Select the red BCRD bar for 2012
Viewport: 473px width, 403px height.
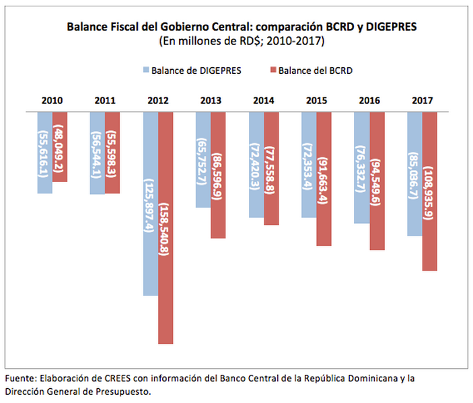coord(166,228)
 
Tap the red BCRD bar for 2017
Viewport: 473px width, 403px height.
coord(429,191)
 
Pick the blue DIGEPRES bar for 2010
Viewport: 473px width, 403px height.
coord(45,152)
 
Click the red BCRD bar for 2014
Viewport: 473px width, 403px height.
coord(271,168)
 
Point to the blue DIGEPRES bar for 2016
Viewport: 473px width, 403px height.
coord(362,167)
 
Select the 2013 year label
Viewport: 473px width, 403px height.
coord(211,101)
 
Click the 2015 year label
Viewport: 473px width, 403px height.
coord(316,101)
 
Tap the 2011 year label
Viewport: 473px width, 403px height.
coord(105,101)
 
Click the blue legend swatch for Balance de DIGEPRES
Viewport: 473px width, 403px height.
coord(145,69)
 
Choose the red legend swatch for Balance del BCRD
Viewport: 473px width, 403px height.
coord(272,69)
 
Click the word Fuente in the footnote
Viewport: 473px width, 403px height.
coord(20,378)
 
